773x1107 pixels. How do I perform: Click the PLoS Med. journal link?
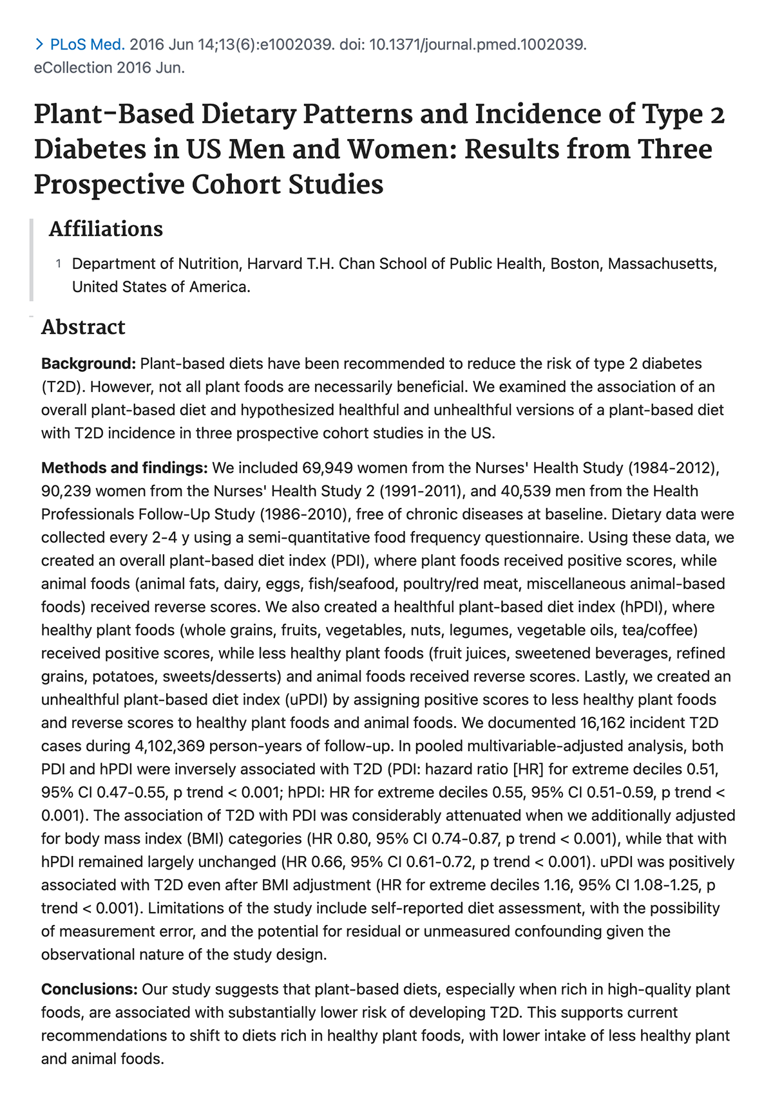(88, 44)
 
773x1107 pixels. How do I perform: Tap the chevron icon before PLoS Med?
(39, 44)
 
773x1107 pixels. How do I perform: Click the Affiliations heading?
(106, 229)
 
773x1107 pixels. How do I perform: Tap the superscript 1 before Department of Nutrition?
(59, 263)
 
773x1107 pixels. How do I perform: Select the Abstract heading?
(83, 327)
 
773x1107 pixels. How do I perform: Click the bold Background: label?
(88, 364)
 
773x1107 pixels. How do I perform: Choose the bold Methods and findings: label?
(124, 468)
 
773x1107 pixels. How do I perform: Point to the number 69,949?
(325, 468)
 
